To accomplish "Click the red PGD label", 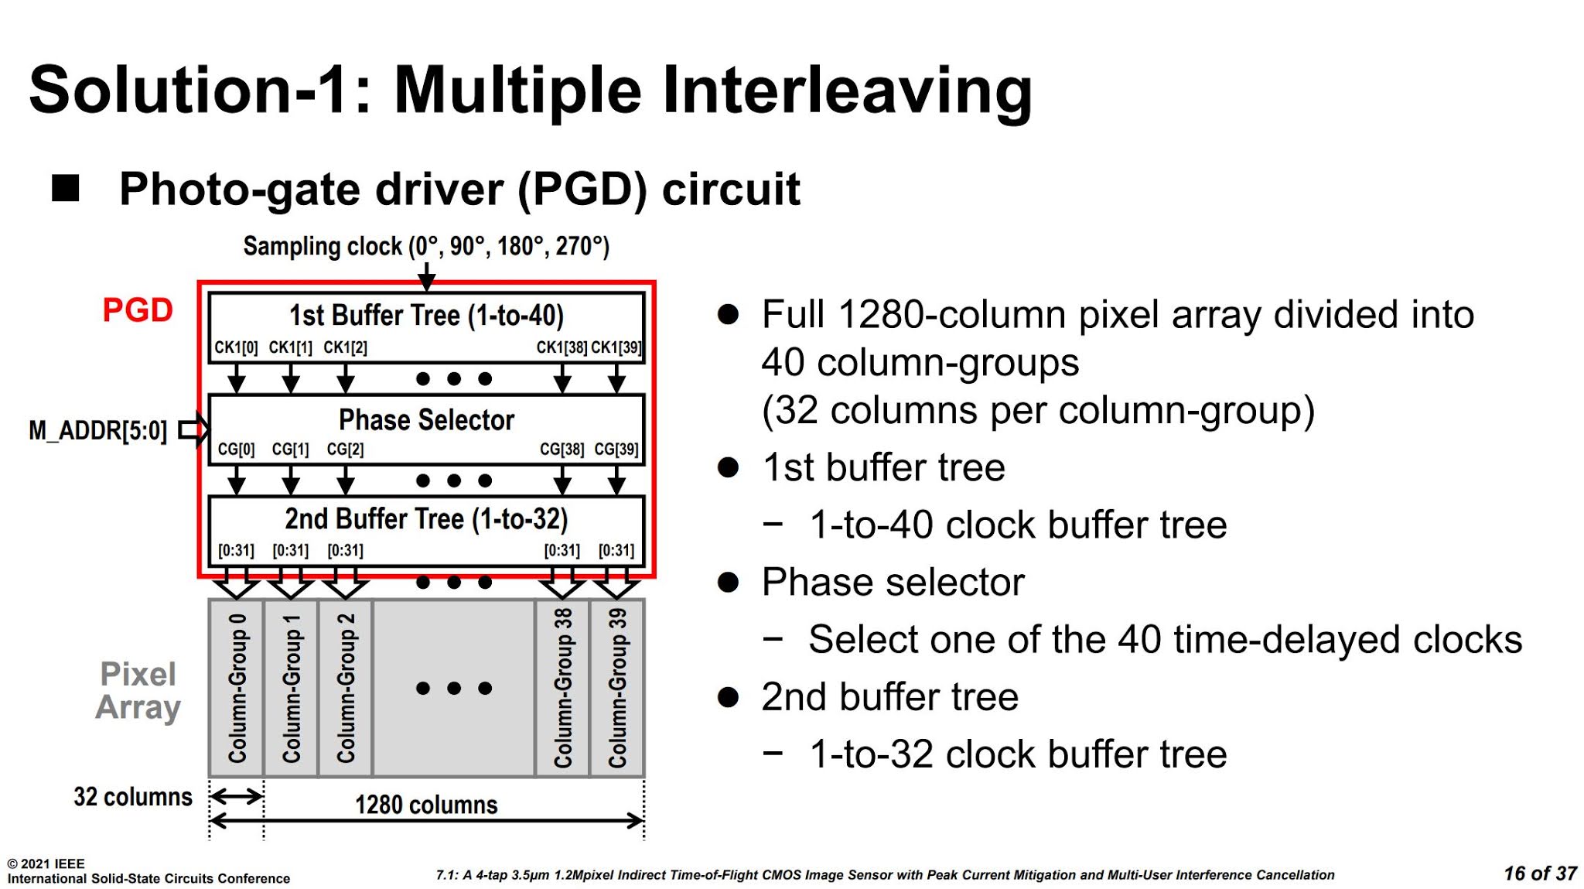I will click(138, 310).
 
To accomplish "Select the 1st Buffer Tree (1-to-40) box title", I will click(426, 316).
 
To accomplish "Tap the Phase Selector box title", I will click(426, 420).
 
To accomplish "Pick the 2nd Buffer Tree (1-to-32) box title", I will click(426, 519).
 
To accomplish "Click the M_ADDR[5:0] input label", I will click(97, 430).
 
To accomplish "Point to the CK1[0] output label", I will click(236, 347).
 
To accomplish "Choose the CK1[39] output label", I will click(616, 347).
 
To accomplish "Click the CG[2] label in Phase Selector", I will click(345, 450).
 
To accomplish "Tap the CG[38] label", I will click(562, 450).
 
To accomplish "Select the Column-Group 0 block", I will click(237, 688).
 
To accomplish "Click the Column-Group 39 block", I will click(617, 688).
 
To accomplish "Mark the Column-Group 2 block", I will click(345, 688).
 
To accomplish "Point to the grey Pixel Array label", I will click(138, 690).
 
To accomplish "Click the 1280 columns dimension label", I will click(426, 805).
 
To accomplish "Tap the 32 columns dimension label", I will click(132, 797).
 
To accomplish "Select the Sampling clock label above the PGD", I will click(426, 246).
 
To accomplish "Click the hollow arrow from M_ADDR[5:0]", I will click(193, 429).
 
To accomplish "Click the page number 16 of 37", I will click(1539, 874).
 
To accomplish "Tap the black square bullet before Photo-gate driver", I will click(66, 188).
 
